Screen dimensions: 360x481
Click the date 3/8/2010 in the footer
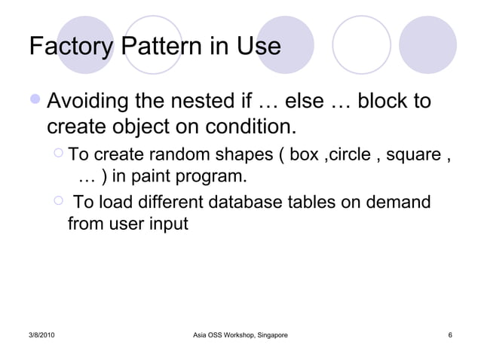point(47,334)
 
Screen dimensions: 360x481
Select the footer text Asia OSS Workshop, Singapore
point(240,334)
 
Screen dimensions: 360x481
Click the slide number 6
point(449,334)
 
